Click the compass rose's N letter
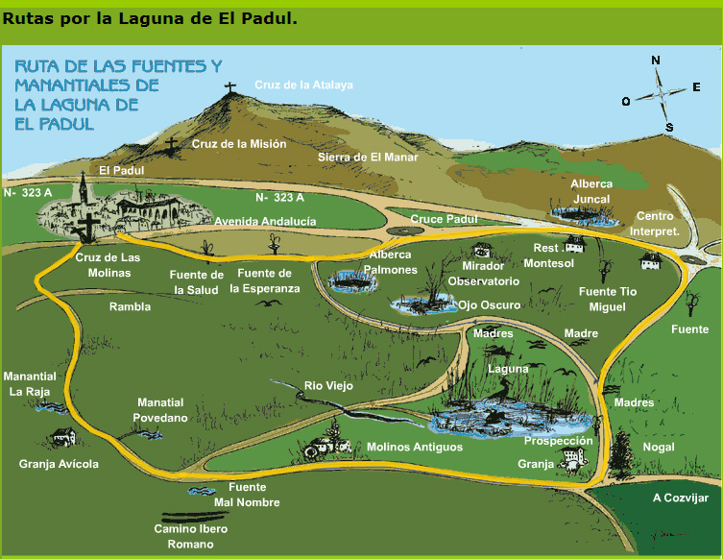pyautogui.click(x=656, y=60)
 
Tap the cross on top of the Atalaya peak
pyautogui.click(x=229, y=89)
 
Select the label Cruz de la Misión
pyautogui.click(x=239, y=144)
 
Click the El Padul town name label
pyautogui.click(x=121, y=170)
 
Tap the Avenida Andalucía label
pyautogui.click(x=265, y=221)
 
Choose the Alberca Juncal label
pyautogui.click(x=590, y=191)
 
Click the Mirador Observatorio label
pyautogui.click(x=490, y=274)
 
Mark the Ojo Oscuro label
pyautogui.click(x=489, y=304)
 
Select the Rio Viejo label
pyautogui.click(x=328, y=386)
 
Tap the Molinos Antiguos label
pyautogui.click(x=415, y=448)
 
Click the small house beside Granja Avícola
pyautogui.click(x=63, y=439)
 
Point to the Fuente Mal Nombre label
pyautogui.click(x=247, y=495)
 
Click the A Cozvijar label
pyautogui.click(x=680, y=498)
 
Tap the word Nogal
pyautogui.click(x=659, y=448)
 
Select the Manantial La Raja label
pyautogui.click(x=30, y=384)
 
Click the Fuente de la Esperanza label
pyautogui.click(x=265, y=281)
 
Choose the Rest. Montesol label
pyautogui.click(x=554, y=255)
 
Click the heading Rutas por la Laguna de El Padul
pyautogui.click(x=150, y=18)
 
